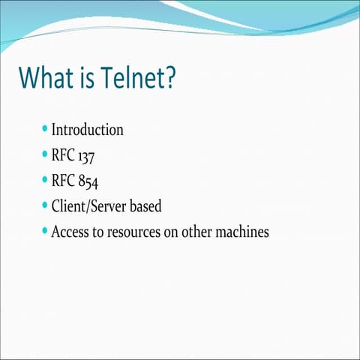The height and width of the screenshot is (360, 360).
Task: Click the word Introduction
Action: tap(87, 130)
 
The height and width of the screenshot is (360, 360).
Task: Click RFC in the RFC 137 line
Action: tap(63, 155)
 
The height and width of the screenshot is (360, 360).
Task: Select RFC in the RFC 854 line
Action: tap(63, 181)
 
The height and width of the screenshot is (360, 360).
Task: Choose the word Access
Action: tap(69, 232)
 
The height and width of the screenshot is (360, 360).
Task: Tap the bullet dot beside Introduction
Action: tap(46, 129)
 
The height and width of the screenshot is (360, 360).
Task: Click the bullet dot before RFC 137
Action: tap(46, 154)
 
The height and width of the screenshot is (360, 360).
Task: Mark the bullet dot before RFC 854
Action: tap(46, 180)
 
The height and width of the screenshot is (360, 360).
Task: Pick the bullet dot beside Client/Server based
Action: tap(46, 205)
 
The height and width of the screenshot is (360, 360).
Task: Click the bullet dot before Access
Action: tap(46, 231)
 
